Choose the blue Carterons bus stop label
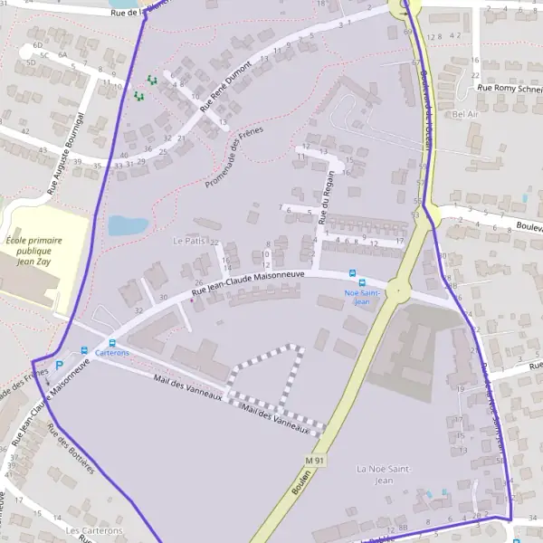[112, 353]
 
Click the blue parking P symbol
[60, 365]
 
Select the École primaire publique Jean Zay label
[38, 252]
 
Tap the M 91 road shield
[314, 461]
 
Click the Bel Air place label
[464, 115]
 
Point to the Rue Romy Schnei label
[510, 88]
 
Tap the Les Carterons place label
[94, 531]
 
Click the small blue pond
[127, 225]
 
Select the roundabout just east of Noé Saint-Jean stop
[398, 291]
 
